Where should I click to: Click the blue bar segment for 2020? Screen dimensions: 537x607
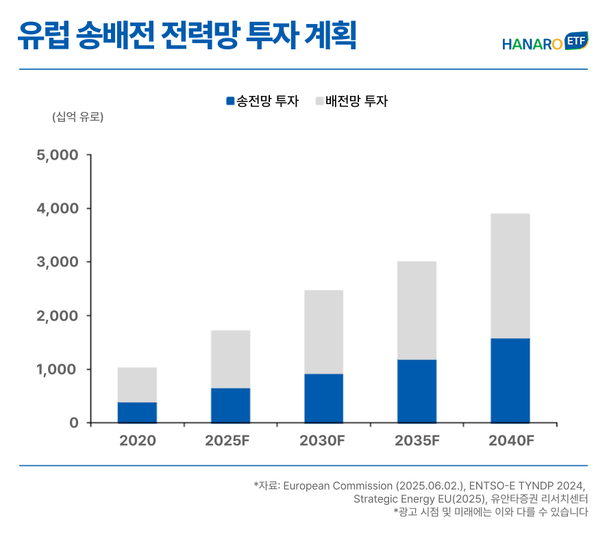click(137, 412)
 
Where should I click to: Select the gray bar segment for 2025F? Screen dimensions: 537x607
click(230, 359)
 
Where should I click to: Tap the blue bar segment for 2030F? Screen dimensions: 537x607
click(323, 398)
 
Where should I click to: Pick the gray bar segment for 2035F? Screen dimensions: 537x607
click(417, 310)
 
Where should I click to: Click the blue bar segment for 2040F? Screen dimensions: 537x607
click(510, 380)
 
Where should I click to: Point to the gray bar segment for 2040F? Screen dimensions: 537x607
click(510, 276)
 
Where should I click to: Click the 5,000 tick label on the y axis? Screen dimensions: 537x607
click(58, 155)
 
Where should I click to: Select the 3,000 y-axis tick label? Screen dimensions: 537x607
click(58, 262)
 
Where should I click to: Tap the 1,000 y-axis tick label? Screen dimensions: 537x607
click(58, 370)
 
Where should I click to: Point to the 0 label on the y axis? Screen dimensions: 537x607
click(73, 423)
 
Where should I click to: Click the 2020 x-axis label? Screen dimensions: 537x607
click(137, 441)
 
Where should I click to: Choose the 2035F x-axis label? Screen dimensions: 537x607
click(417, 441)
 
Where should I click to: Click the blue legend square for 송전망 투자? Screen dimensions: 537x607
click(230, 101)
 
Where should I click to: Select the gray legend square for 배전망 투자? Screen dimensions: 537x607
click(319, 101)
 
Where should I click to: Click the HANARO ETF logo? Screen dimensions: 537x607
click(545, 42)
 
